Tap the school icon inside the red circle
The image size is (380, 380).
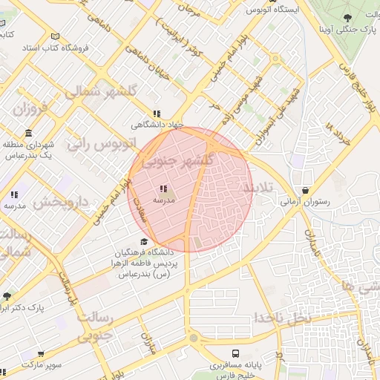click(x=163, y=189)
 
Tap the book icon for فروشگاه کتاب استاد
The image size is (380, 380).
click(x=55, y=36)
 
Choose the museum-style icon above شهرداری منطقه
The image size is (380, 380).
click(x=28, y=134)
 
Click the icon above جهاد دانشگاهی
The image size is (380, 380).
click(x=155, y=114)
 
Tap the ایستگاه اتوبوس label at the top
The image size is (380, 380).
click(x=277, y=10)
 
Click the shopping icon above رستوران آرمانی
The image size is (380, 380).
click(x=306, y=189)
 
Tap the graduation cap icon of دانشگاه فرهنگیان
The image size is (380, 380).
click(x=143, y=240)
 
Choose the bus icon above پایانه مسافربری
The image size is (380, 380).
click(x=235, y=354)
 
